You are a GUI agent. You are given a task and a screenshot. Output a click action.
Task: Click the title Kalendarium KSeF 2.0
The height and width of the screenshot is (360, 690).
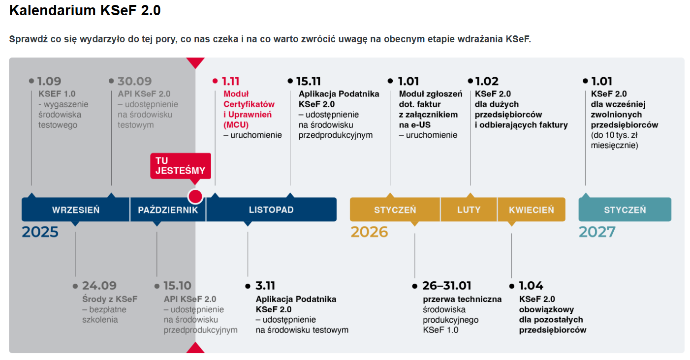pos(85,10)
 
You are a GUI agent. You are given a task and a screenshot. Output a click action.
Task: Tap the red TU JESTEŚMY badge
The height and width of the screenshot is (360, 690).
pos(181,166)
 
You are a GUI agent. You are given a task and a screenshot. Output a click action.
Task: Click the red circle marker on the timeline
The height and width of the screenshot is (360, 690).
pos(195,196)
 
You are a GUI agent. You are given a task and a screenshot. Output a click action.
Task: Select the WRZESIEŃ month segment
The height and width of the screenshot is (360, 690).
pos(76,210)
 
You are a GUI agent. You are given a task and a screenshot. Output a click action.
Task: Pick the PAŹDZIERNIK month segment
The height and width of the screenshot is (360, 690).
pos(168,210)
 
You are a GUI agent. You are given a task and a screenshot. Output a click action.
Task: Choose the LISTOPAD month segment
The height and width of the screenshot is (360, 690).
pos(271,210)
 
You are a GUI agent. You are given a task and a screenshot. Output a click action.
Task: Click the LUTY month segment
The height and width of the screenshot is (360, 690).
pos(469,210)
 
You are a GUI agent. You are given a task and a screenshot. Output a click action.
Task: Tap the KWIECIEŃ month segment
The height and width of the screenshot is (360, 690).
pos(532,210)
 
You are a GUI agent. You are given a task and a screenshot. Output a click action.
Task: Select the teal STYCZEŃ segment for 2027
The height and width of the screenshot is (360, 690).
pos(625,210)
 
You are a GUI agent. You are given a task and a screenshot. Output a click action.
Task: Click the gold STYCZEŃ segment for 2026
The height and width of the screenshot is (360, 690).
pos(395,210)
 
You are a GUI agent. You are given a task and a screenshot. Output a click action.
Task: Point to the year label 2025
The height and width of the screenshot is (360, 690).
pos(40,232)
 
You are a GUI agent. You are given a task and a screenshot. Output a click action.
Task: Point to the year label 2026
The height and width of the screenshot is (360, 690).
pos(369,232)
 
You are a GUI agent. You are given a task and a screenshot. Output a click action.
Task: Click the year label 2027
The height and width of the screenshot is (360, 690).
pos(597,232)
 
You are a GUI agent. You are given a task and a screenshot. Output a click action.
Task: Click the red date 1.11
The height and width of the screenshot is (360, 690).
pos(230,81)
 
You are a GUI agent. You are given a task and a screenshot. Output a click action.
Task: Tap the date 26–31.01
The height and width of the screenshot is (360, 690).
pos(447,286)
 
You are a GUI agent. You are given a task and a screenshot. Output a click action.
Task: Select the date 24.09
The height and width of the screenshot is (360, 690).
pos(99,286)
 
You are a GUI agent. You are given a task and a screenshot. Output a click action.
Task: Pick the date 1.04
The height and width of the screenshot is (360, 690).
pos(531,286)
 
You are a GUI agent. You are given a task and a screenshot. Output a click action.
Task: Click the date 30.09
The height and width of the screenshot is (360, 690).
pos(135,81)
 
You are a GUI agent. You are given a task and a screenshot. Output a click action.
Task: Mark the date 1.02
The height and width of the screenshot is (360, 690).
pos(487,81)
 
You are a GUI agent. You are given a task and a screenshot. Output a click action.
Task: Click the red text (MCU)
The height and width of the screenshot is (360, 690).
pos(236,125)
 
